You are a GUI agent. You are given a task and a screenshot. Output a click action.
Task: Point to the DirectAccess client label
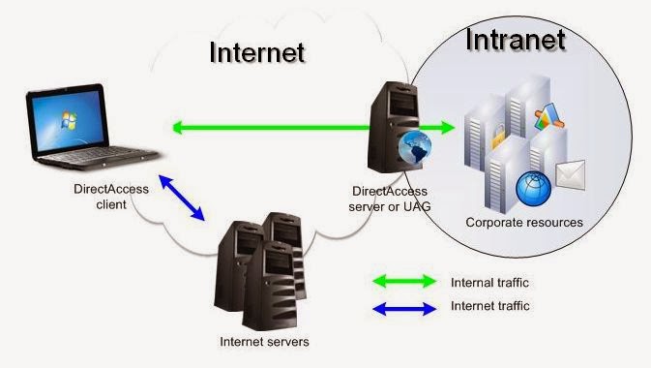point(114,197)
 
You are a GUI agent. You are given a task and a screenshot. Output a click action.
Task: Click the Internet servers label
point(264,341)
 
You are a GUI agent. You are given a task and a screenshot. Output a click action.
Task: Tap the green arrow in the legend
point(404,282)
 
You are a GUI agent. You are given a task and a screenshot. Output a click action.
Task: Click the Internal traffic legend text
point(489,283)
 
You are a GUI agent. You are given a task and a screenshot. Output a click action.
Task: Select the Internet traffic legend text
point(489,306)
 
